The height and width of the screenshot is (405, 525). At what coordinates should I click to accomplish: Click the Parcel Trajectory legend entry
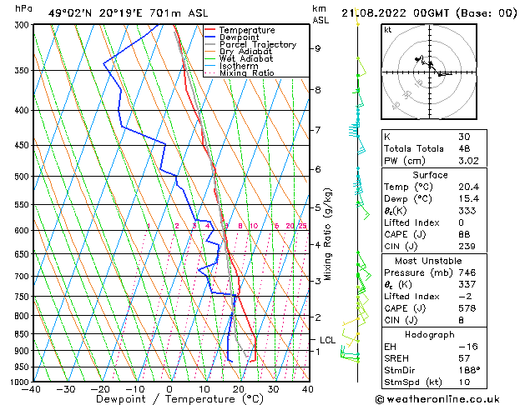click(257, 44)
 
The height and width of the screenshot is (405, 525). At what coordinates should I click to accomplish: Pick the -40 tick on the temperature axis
click(32, 389)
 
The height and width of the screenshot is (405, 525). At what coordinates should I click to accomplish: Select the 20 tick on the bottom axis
click(239, 389)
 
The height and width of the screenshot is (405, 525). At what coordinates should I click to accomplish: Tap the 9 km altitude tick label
click(318, 48)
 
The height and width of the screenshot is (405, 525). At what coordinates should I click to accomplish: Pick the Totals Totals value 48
click(464, 148)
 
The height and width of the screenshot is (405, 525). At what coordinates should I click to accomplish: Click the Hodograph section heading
click(430, 334)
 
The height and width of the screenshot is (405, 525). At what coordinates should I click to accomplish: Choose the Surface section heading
click(430, 175)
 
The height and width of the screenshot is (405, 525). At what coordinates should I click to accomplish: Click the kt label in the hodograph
click(388, 30)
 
